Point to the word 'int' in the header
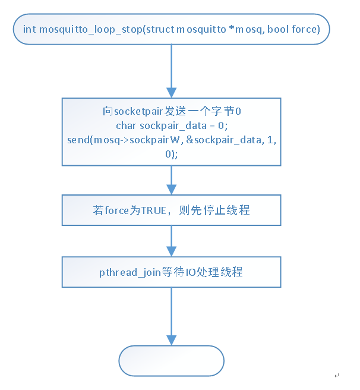point(30,29)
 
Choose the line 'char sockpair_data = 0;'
point(170,125)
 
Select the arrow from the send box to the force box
point(171,180)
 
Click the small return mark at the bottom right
point(336,375)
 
